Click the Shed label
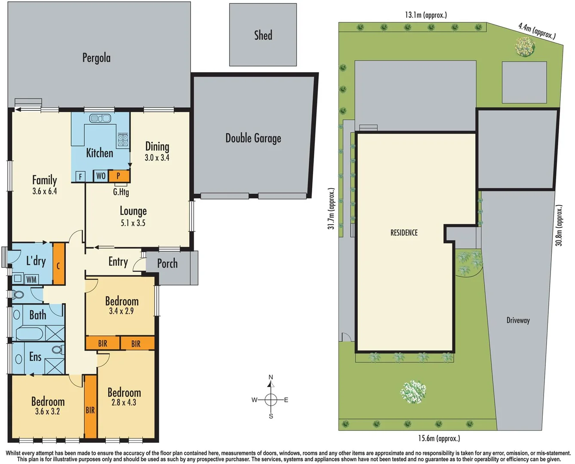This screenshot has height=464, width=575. click(263, 35)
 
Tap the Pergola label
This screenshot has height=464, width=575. click(96, 58)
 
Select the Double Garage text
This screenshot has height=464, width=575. click(253, 138)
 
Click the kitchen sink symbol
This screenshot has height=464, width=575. click(100, 118)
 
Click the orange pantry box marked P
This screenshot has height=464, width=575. click(119, 176)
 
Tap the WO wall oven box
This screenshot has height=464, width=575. click(101, 176)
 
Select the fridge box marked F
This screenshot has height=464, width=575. click(80, 177)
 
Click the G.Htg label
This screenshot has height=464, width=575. click(121, 192)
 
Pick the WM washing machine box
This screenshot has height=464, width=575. click(31, 280)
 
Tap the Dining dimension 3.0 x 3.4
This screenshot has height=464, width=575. click(157, 158)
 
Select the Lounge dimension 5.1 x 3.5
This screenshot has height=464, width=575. click(133, 223)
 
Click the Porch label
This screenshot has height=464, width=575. click(167, 263)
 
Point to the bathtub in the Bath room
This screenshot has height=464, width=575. click(30, 333)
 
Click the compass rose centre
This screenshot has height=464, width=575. click(271, 400)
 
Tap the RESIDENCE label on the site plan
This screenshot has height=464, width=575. click(404, 233)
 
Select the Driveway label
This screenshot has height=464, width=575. click(518, 321)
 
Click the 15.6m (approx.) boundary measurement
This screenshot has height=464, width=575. click(439, 438)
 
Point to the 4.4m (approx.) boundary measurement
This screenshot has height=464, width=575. click(537, 31)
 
